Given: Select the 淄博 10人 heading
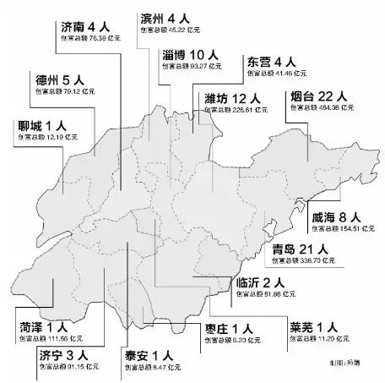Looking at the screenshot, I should click(193, 54).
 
